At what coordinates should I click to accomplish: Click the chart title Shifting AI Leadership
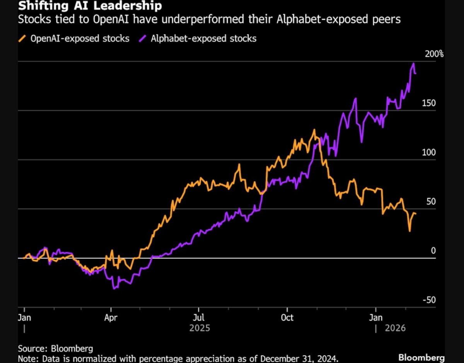(x=82, y=6)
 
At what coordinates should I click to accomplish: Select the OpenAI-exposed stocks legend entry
(x=74, y=38)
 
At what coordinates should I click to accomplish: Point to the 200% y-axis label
(x=434, y=54)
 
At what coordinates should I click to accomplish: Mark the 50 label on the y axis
(x=431, y=202)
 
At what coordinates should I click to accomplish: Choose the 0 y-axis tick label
(x=433, y=251)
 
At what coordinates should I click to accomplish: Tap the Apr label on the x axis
(x=111, y=318)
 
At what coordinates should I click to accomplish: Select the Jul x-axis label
(x=199, y=318)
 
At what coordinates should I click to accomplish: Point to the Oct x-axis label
(x=287, y=318)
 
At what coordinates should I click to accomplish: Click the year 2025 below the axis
(x=200, y=328)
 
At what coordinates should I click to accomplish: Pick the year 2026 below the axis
(x=395, y=328)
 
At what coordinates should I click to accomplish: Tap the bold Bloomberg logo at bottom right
(x=421, y=358)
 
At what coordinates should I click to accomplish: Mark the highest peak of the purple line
(x=414, y=63)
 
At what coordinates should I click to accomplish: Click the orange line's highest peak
(x=314, y=130)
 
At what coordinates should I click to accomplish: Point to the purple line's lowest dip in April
(x=114, y=289)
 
